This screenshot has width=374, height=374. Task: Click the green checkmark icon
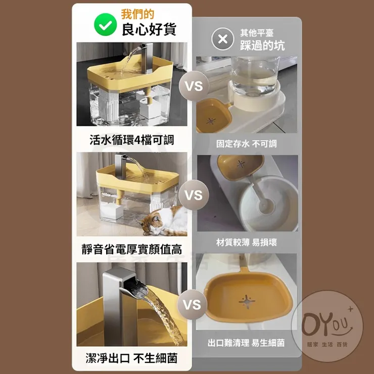click(106, 25)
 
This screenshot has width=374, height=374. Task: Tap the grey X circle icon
click(222, 39)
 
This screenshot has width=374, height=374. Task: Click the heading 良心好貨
click(149, 29)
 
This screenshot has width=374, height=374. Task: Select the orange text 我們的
click(137, 14)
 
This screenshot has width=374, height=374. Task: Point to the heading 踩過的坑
click(262, 45)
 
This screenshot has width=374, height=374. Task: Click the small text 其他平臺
click(257, 33)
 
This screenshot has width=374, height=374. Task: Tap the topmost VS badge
click(194, 86)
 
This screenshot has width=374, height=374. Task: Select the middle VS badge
click(194, 195)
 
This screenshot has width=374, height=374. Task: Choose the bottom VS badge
click(192, 305)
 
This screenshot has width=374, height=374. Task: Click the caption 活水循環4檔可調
click(132, 140)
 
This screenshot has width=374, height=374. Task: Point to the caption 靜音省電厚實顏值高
click(132, 250)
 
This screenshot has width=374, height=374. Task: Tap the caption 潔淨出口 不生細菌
click(132, 358)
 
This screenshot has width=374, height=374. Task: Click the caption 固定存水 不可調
click(247, 144)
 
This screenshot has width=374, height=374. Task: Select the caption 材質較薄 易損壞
click(247, 243)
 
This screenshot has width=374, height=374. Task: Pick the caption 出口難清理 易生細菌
click(246, 343)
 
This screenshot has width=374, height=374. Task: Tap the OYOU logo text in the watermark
click(327, 325)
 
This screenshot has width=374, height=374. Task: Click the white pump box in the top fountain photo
click(150, 109)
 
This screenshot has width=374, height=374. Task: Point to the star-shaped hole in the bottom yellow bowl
click(247, 302)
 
